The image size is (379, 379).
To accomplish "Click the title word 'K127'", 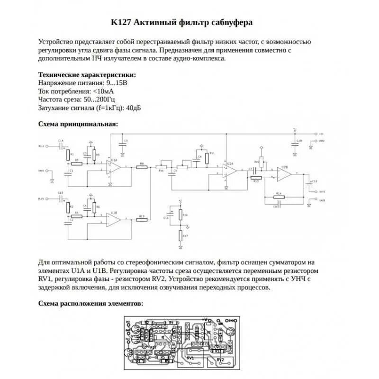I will (122, 22).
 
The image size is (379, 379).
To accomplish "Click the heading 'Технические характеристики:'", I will (87, 74).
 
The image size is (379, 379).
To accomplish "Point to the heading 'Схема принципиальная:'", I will (78, 124).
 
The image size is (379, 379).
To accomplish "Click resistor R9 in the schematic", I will (141, 167).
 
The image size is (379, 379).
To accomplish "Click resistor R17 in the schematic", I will (181, 235).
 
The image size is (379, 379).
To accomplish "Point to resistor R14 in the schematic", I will (279, 195).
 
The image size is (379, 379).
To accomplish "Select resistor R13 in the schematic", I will (256, 177).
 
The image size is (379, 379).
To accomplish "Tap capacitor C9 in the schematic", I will (122, 142).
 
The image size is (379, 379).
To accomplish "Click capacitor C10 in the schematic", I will (295, 142).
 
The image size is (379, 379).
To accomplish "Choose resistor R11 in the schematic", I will (207, 158).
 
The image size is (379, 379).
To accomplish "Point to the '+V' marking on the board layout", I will (205, 319).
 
